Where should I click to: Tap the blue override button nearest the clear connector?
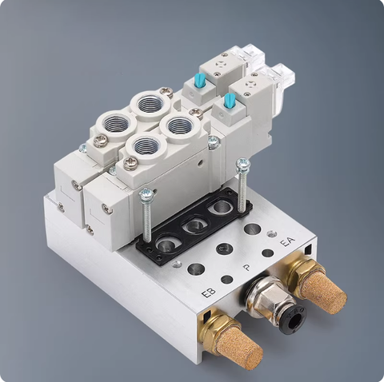(230, 100)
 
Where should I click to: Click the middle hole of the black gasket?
(192, 226)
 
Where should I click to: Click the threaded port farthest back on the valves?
(149, 101)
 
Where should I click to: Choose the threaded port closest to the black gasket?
(146, 146)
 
